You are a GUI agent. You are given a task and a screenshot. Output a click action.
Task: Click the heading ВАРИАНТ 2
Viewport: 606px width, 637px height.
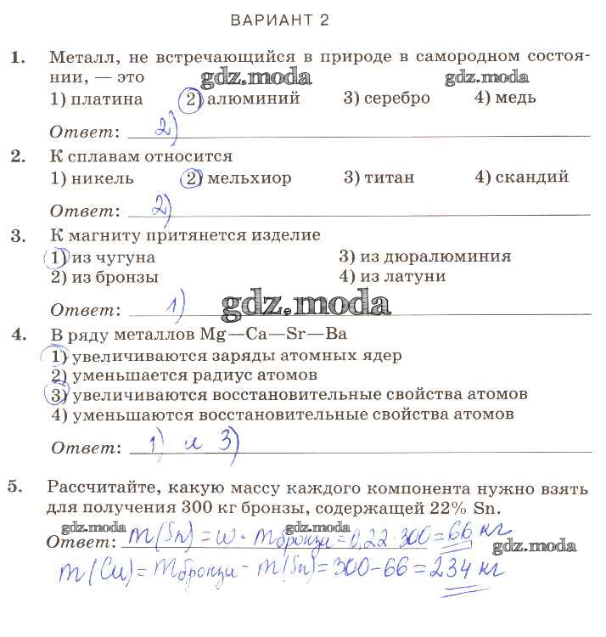point(279,20)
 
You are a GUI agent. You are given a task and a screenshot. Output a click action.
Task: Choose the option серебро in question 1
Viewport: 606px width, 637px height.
point(387,98)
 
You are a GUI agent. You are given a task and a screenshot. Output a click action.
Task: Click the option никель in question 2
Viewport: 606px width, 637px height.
point(93,178)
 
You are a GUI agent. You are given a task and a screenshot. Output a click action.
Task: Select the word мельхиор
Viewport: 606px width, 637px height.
point(248,178)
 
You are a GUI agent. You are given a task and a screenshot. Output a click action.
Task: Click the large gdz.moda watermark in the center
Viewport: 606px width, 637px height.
point(305,302)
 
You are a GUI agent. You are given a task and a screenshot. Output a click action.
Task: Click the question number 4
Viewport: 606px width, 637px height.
point(18,334)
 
